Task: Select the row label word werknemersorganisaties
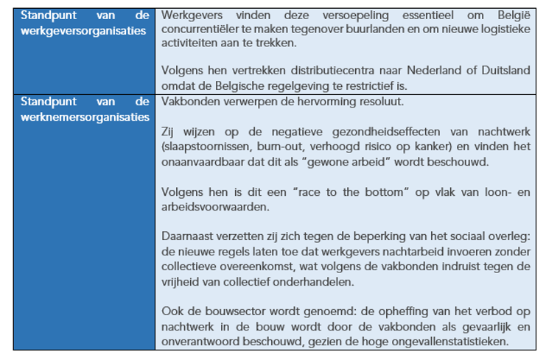(x=85, y=116)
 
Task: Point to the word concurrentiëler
(x=197, y=30)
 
